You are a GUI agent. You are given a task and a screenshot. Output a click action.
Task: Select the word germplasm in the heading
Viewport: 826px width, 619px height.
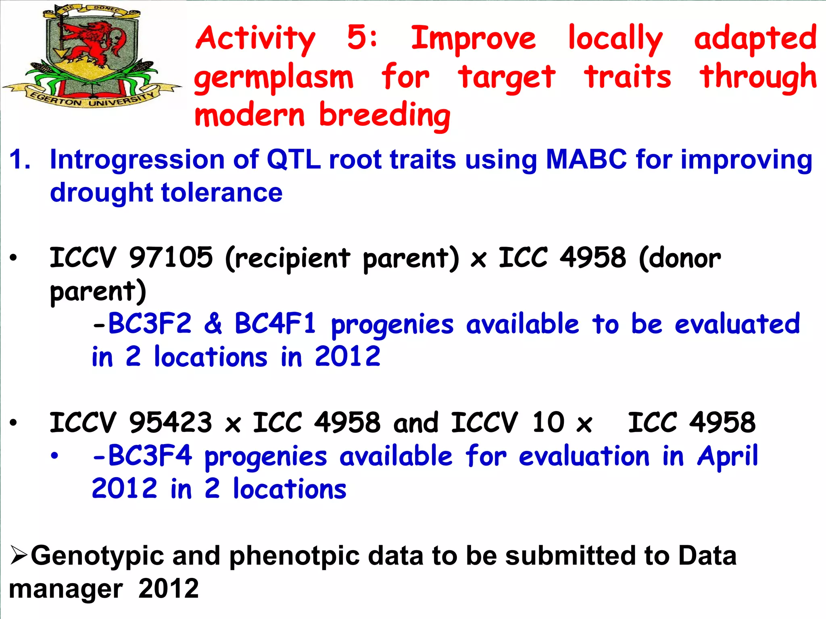pos(274,78)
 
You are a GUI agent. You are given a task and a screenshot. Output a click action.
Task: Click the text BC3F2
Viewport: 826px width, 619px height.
pos(149,324)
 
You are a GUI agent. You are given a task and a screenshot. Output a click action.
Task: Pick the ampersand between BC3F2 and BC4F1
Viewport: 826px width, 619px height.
pos(213,324)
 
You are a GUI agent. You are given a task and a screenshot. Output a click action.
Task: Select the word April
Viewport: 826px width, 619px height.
pos(728,457)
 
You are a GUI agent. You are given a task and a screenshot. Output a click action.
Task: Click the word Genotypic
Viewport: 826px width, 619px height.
pos(97,556)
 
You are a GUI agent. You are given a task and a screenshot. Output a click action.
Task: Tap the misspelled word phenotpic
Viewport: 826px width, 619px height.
pos(294,556)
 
